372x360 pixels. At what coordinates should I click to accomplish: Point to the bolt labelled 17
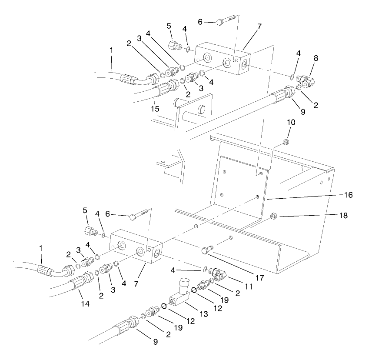(208, 251)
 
